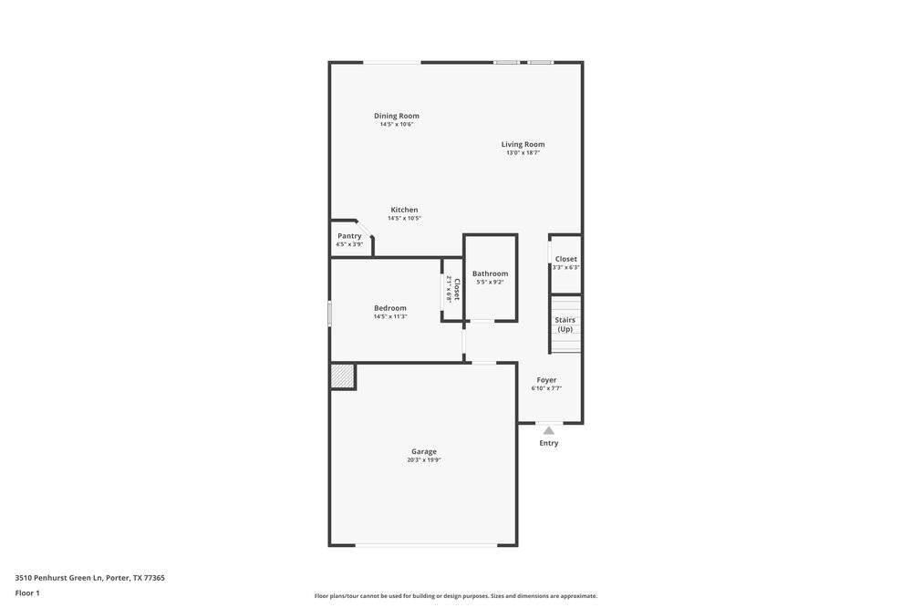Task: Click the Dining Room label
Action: tap(397, 116)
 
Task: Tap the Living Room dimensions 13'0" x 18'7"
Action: tap(523, 153)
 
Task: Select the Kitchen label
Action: tap(404, 210)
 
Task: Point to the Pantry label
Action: tap(349, 236)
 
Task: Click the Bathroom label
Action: tap(490, 273)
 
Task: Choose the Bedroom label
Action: tap(390, 308)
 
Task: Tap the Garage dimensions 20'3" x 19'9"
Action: tap(424, 460)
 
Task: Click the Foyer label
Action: tap(546, 380)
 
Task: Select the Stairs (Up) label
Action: tap(565, 325)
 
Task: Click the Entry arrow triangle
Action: tap(549, 430)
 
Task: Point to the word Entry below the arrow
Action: tap(549, 443)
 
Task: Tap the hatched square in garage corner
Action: tap(342, 376)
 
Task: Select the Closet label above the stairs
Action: tap(566, 259)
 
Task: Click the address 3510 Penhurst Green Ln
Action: tap(89, 578)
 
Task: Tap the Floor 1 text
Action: tap(27, 593)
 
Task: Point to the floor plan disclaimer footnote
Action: tap(456, 596)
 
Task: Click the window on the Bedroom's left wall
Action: tap(329, 314)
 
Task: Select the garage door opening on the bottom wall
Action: tap(427, 545)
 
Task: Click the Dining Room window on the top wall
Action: tap(392, 62)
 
